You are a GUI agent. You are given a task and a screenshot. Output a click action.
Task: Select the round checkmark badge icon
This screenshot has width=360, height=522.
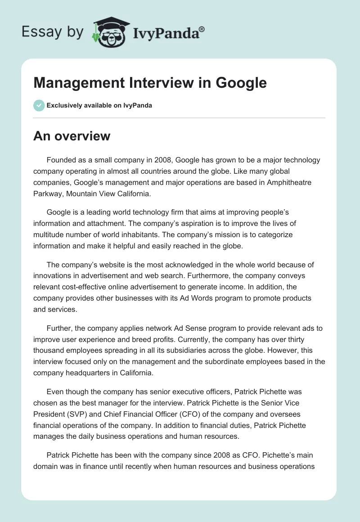(39, 105)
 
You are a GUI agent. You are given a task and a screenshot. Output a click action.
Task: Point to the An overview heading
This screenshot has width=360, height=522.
(72, 136)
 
